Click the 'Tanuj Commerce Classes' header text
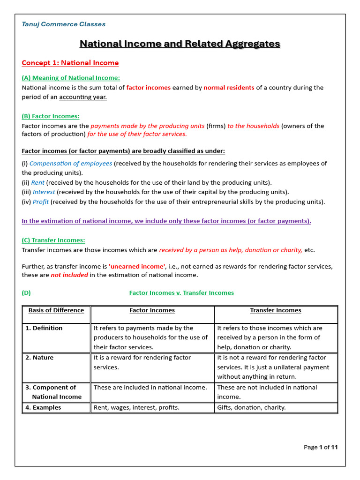64,24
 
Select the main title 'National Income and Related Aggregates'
180,44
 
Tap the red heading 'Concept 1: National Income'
70,63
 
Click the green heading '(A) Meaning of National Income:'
71,78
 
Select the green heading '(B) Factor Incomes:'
51,116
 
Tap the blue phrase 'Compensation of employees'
71,164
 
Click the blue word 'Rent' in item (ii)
38,183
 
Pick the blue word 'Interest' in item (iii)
44,192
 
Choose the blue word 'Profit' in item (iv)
40,202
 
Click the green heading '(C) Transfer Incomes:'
53,240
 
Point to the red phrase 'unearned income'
137,266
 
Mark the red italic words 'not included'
69,275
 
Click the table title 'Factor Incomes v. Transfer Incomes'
181,293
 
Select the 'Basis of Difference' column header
56,310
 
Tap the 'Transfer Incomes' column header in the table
276,310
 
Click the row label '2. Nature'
39,358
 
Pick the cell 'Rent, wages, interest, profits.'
136,408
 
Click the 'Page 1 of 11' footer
321,448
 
